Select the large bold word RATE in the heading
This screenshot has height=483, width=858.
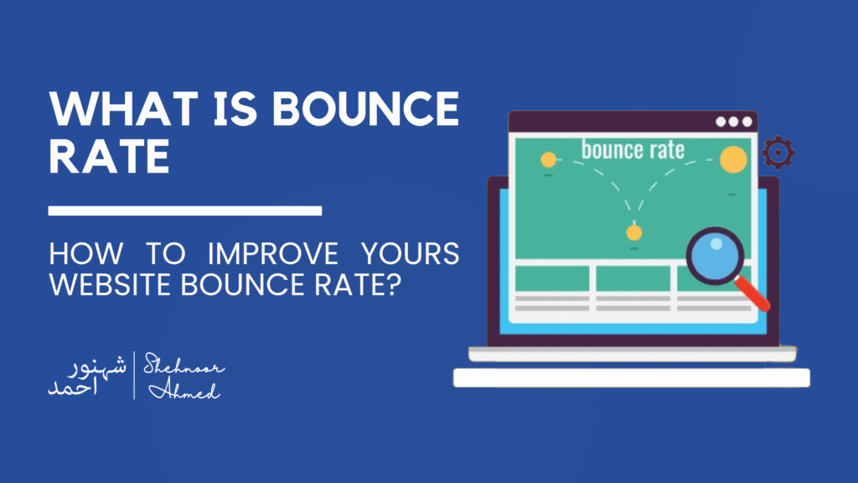(x=110, y=158)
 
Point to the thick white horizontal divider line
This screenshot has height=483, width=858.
(x=185, y=210)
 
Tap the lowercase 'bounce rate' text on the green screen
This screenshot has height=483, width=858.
(x=633, y=151)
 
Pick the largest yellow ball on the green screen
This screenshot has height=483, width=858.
(x=733, y=159)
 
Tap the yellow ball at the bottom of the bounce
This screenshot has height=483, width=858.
(x=635, y=232)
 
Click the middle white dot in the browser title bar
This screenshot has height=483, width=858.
(x=733, y=122)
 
